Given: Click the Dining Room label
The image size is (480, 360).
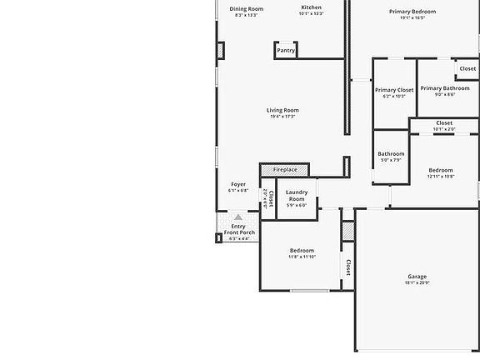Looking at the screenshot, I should [x=246, y=8].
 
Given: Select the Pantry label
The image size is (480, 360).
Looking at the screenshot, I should [x=286, y=51].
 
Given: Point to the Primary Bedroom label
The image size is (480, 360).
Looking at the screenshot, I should [x=412, y=12].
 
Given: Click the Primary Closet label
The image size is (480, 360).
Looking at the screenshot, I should [x=394, y=90].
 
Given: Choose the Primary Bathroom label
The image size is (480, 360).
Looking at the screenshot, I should [x=444, y=88].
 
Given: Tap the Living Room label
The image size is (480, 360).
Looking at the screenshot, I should [x=282, y=110].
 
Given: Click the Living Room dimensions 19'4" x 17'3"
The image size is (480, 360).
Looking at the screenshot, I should [x=282, y=117].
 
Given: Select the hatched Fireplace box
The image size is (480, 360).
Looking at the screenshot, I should [x=284, y=169].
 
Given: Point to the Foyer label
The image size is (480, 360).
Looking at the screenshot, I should [x=238, y=184].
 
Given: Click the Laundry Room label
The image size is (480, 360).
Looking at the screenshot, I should [x=297, y=196].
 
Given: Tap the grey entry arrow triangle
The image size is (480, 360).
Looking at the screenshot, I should [x=237, y=217].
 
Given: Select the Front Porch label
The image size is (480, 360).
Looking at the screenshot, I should [x=238, y=232].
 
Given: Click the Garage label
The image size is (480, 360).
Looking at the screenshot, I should [x=417, y=277].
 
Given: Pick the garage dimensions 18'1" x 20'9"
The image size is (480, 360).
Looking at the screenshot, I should [x=417, y=283].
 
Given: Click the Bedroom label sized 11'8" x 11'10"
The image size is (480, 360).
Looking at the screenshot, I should [x=302, y=251].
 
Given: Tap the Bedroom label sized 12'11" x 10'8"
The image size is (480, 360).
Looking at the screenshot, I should [x=441, y=170].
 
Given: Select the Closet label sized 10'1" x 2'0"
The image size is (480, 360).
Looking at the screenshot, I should [x=444, y=122].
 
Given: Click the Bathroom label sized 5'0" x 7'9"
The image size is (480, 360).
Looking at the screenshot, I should [x=391, y=153].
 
